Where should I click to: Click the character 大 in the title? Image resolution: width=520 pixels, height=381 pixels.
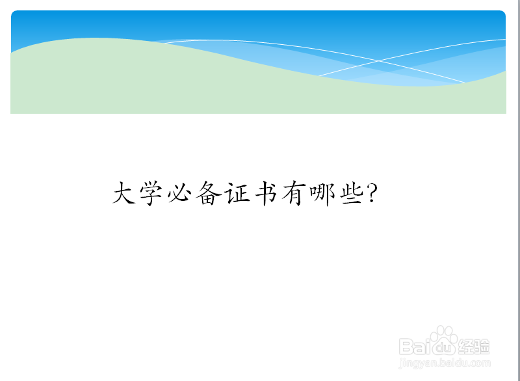click(124, 192)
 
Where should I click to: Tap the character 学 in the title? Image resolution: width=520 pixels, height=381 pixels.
click(151, 193)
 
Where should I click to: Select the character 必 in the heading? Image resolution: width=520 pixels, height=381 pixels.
click(180, 193)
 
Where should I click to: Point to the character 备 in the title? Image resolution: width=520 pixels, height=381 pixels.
click(209, 193)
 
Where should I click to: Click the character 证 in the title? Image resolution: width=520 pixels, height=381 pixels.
click(237, 193)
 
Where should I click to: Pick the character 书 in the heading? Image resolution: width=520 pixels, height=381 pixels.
click(266, 193)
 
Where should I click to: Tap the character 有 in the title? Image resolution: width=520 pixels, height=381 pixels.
click(294, 193)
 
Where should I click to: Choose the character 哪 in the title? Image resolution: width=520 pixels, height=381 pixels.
click(322, 194)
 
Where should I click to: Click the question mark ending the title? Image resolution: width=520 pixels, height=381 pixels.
click(372, 193)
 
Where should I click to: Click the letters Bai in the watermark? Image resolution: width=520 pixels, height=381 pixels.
click(414, 347)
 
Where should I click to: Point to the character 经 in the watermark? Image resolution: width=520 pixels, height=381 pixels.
click(465, 347)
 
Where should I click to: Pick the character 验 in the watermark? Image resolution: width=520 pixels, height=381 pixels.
click(482, 347)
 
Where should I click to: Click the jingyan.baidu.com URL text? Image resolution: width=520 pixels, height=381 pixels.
click(445, 363)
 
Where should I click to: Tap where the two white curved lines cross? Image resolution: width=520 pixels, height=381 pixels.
click(378, 61)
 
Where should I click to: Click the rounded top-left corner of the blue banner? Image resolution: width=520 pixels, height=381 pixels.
click(14, 13)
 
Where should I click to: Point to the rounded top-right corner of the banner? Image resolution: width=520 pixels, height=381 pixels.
click(502, 13)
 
